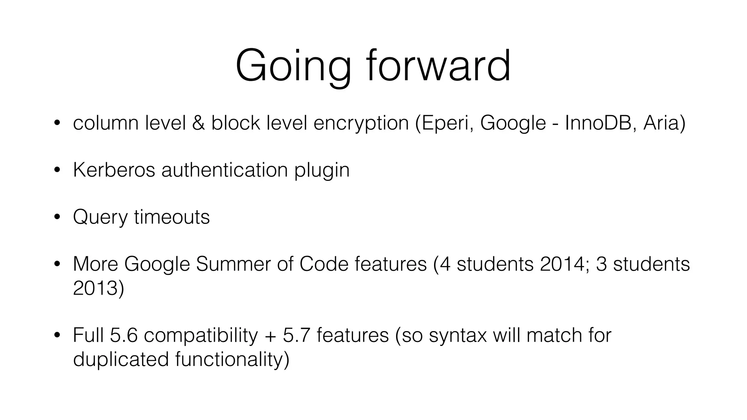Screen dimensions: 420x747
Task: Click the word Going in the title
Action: tap(293, 67)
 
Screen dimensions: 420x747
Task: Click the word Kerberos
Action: tap(114, 170)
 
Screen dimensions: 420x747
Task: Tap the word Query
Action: tap(100, 218)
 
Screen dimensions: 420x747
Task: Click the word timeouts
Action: tap(172, 217)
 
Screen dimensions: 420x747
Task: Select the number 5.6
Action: tap(124, 335)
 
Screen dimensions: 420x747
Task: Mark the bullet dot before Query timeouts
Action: tap(57, 217)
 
